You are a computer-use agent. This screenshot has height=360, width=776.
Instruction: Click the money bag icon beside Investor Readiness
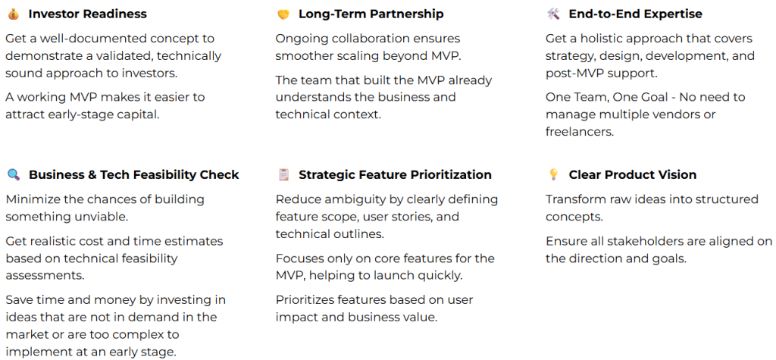14,14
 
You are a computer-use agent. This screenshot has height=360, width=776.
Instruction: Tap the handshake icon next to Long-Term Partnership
283,14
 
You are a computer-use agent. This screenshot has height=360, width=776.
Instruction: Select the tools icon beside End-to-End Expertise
553,14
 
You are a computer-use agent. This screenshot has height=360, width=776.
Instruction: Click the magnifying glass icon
14,175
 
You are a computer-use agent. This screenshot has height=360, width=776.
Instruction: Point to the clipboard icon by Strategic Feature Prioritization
283,175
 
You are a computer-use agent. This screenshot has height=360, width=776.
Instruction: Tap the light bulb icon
553,175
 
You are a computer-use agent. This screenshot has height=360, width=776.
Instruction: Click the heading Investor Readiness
88,14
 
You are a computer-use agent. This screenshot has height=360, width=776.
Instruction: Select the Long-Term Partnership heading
371,14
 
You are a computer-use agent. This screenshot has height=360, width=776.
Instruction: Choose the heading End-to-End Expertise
636,14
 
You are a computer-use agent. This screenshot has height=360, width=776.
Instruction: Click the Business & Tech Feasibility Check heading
133,175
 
